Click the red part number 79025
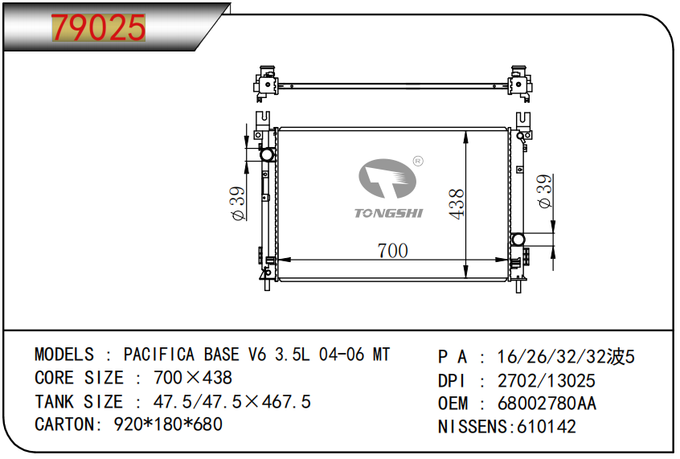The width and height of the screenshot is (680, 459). pyautogui.click(x=98, y=27)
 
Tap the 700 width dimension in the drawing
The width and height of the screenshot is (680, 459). pyautogui.click(x=392, y=250)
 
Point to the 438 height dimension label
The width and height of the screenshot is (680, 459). pyautogui.click(x=457, y=204)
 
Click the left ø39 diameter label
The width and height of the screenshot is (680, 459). pyautogui.click(x=239, y=204)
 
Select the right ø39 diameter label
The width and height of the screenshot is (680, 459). pyautogui.click(x=545, y=191)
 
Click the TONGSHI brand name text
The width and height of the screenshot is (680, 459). pyautogui.click(x=388, y=213)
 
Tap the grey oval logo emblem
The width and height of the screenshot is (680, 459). pyautogui.click(x=387, y=178)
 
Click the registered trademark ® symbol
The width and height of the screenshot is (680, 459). pyautogui.click(x=418, y=162)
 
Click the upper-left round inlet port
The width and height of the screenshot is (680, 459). pyautogui.click(x=267, y=154)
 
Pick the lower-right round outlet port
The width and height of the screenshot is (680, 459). pyautogui.click(x=518, y=240)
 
